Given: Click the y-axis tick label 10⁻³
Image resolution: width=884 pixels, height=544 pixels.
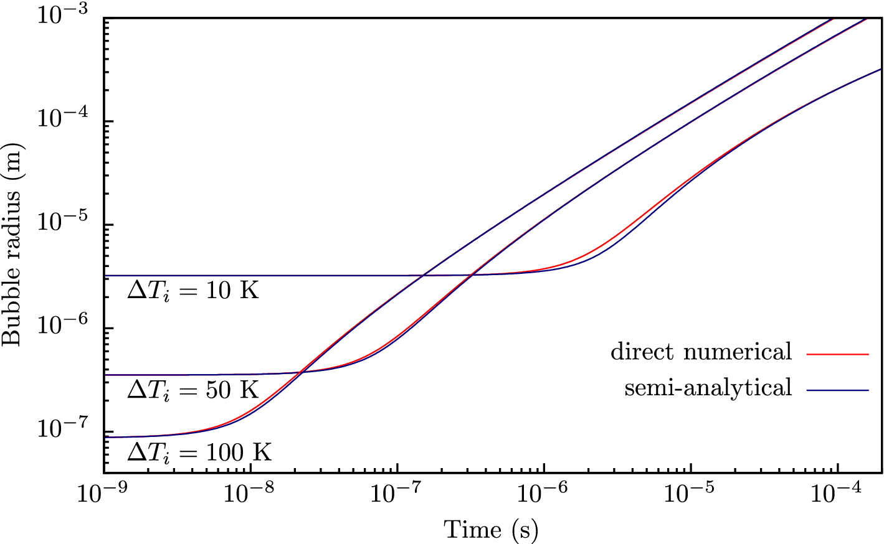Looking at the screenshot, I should click(63, 14).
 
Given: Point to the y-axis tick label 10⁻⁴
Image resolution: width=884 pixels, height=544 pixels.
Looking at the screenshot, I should click(63, 118).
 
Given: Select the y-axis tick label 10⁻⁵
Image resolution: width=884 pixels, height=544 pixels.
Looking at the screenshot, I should click(63, 222).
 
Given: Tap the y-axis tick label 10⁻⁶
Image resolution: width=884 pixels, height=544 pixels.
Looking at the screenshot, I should click(63, 326).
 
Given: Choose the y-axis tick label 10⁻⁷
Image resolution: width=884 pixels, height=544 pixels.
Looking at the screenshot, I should click(63, 429).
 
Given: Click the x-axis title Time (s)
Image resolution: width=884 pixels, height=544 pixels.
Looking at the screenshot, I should click(491, 530).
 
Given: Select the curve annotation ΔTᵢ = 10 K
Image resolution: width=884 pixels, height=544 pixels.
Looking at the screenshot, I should click(193, 291).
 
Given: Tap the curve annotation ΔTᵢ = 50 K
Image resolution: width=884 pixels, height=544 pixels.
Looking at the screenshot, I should click(193, 390).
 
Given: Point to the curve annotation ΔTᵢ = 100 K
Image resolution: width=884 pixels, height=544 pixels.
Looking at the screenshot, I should click(199, 453).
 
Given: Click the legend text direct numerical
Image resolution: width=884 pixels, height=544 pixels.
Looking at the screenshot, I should click(701, 352).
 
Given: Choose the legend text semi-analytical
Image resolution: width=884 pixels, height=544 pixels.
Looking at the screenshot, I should click(708, 388).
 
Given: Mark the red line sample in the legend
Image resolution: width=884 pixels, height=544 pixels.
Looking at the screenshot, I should click(837, 354).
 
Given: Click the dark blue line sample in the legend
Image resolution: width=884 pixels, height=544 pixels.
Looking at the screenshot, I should click(837, 390).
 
